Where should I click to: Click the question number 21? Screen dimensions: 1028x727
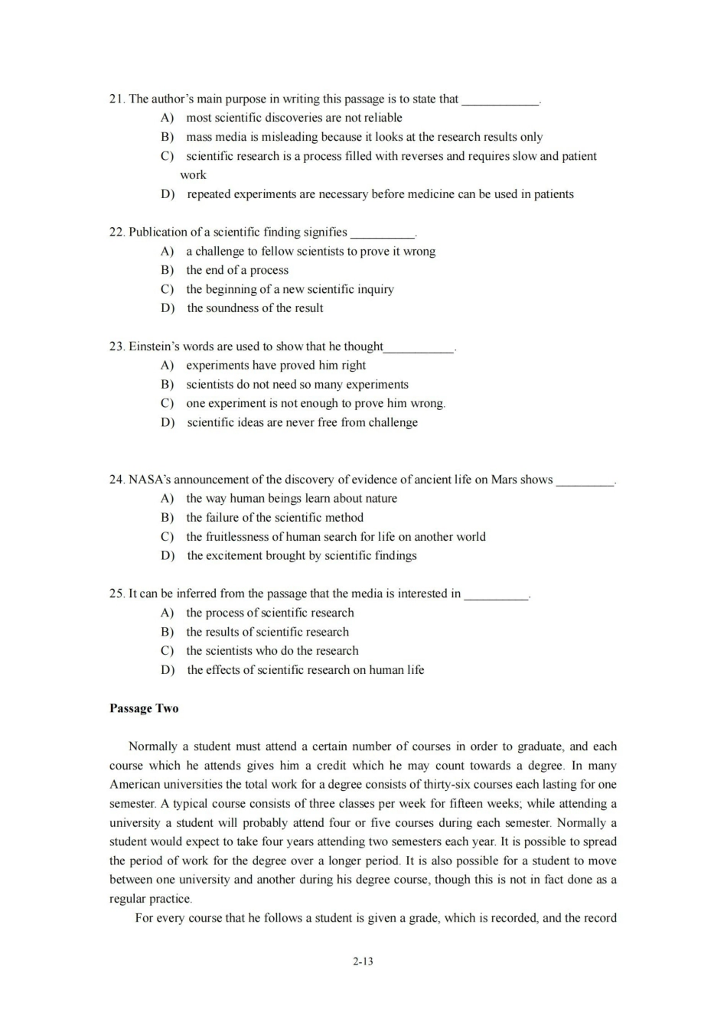(117, 99)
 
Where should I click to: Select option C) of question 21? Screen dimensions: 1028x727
(167, 156)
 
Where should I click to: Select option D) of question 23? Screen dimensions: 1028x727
(167, 422)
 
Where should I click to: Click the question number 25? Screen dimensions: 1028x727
(117, 594)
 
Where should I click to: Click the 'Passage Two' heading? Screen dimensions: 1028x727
(144, 708)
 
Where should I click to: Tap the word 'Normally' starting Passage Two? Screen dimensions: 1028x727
(153, 747)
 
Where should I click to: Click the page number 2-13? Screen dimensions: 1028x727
(363, 961)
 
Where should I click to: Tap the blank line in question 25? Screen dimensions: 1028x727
(496, 596)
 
